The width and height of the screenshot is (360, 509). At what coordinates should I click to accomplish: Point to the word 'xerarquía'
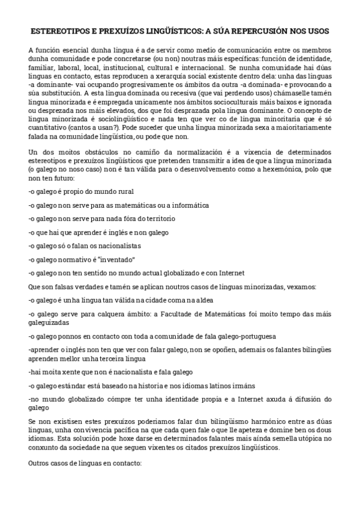tap(175, 77)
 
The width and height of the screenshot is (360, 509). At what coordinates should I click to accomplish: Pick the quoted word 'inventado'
tap(114, 259)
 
